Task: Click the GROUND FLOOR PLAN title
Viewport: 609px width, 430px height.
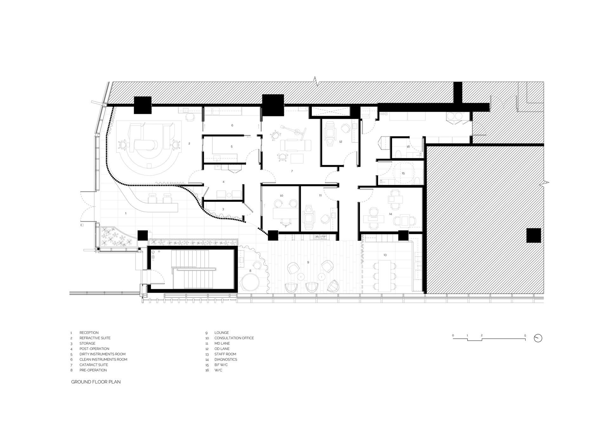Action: (x=96, y=382)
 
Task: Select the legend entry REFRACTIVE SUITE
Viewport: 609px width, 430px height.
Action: (x=95, y=338)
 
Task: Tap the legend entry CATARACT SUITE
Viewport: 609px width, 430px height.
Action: (x=94, y=365)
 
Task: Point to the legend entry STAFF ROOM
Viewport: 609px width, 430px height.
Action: (x=225, y=354)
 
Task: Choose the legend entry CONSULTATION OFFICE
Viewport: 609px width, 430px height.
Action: (x=234, y=338)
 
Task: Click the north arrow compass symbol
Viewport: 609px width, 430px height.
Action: (x=538, y=338)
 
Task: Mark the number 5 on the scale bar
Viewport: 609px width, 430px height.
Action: (x=525, y=336)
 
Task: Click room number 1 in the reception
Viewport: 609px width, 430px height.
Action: (x=126, y=213)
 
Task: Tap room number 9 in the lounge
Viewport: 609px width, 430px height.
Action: (x=308, y=262)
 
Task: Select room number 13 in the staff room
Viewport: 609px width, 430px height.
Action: (x=385, y=255)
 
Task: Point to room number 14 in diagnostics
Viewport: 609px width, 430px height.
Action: (x=390, y=214)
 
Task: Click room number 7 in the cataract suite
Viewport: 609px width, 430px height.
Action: (x=292, y=171)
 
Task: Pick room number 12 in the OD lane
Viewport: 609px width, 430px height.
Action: (x=341, y=142)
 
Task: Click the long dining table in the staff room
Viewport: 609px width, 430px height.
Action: (x=385, y=276)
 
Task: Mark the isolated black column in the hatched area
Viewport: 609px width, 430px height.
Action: (x=534, y=235)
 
